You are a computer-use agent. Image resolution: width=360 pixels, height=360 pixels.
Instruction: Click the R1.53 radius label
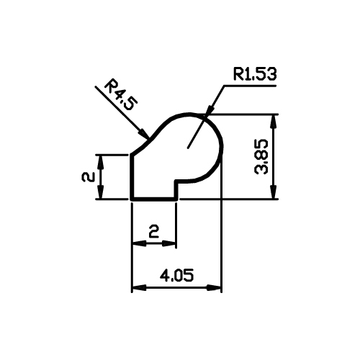255,74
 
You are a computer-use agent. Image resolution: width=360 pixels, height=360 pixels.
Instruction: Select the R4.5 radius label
121,95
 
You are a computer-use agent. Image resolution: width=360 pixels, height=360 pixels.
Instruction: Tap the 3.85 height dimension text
261,156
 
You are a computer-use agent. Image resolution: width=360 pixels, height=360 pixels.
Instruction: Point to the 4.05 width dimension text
176,275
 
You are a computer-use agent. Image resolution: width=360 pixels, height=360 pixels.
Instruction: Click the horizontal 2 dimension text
154,231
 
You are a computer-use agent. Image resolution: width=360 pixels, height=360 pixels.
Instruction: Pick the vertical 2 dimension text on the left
89,177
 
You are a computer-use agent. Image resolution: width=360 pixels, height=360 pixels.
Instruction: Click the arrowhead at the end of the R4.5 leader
144,134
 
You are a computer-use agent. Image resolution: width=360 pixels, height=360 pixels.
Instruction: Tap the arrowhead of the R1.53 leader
210,109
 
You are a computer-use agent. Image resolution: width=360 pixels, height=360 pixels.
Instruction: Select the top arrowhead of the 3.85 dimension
274,122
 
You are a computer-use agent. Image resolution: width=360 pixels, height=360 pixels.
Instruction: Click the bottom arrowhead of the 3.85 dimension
274,192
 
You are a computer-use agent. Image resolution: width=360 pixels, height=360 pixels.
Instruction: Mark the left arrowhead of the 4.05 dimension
139,287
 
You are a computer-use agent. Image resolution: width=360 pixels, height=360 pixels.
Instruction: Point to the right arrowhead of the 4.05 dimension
214,287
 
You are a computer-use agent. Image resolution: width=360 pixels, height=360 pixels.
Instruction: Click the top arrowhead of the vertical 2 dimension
101,163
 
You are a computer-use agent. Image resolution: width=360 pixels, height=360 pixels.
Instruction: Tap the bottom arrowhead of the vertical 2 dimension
101,192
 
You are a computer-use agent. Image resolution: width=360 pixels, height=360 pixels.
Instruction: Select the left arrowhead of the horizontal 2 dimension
140,243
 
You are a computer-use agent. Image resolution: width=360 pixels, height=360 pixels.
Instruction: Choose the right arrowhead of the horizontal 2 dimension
169,243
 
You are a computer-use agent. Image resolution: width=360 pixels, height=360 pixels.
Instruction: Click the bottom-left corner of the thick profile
132,199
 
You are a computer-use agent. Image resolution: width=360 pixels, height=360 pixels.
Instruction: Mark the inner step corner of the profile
176,181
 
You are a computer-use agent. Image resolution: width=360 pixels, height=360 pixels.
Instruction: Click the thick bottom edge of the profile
154,199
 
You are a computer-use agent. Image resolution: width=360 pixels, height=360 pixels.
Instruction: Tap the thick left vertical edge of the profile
132,177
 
